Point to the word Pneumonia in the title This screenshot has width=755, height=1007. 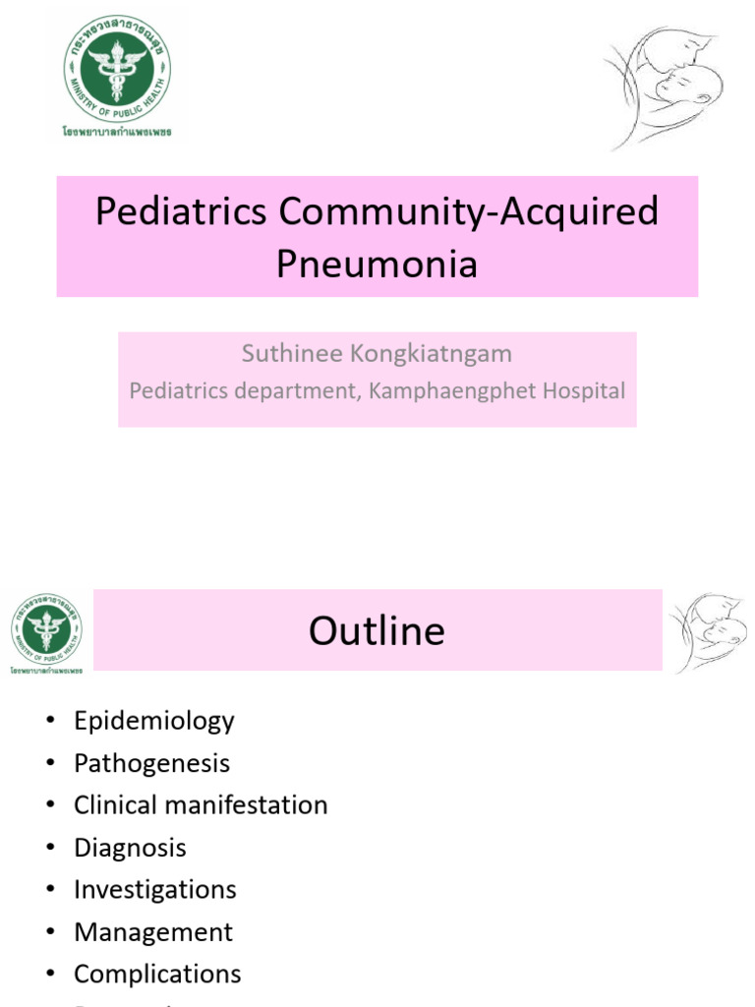coord(377,264)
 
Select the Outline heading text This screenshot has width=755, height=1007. coord(377,630)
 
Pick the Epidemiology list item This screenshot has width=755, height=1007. coord(153,721)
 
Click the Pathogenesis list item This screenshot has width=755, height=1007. coord(151,763)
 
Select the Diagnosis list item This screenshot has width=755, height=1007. coord(130,848)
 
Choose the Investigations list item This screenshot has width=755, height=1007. coord(154,890)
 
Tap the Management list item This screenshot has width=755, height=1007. coord(152,932)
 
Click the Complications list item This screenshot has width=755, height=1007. coord(157,975)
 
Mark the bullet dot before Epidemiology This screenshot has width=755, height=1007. coord(51,722)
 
